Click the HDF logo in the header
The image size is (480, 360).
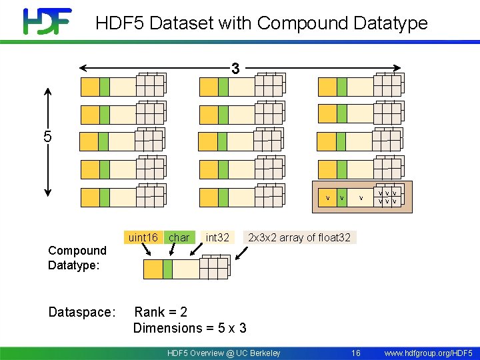(47, 21)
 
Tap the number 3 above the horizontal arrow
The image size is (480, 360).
(235, 69)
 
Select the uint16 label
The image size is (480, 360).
(143, 237)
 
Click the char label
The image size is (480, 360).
(179, 237)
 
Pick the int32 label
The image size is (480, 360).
(217, 237)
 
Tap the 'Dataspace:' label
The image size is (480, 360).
(82, 312)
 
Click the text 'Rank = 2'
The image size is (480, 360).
(161, 312)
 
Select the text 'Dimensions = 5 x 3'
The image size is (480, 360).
(190, 328)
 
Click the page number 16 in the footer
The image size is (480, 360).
(355, 353)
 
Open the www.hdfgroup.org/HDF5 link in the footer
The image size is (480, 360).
(429, 353)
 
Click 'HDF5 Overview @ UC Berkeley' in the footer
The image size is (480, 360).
(223, 353)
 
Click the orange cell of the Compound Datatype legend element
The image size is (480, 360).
(153, 269)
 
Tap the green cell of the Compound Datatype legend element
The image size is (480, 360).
(167, 269)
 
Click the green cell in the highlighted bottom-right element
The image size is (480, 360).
(341, 198)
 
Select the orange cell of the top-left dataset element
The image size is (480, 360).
(89, 87)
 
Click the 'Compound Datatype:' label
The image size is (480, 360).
(77, 257)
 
